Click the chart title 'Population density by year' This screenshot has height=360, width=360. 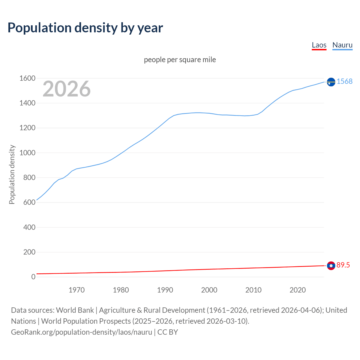pos(85,28)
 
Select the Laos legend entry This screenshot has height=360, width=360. pos(319,45)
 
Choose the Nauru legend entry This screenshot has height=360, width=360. pos(342,45)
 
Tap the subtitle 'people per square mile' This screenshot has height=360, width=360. pos(180,60)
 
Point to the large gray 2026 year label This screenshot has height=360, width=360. pos(67,89)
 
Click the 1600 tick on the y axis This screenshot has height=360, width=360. pos(27,78)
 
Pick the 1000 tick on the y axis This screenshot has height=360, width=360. pos(27,153)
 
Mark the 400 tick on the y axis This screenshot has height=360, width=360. pos(29,227)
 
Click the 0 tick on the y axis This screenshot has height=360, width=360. pos(33,277)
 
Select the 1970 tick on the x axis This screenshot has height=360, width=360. pos(76,290)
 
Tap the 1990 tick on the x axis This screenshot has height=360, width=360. pos(165,290)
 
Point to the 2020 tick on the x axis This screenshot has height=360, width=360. pos(298,290)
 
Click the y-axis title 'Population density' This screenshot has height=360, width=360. pos(12,174)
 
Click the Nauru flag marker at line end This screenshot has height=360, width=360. pos(331,82)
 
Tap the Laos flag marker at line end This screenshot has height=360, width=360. pos(331,265)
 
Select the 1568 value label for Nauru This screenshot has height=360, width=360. pos(345,81)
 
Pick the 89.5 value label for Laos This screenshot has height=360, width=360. pos(343,265)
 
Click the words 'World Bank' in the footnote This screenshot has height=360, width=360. pos(75,310)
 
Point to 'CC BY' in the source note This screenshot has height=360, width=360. pos(168,332)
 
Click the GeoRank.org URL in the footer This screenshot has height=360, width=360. pos(82,332)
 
